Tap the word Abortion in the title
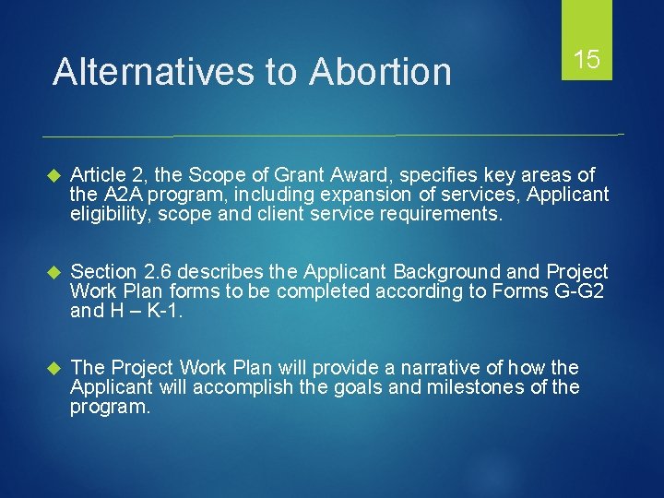coord(381,71)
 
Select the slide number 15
coord(587,61)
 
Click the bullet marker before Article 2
coord(52,175)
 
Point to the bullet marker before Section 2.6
coord(52,272)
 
